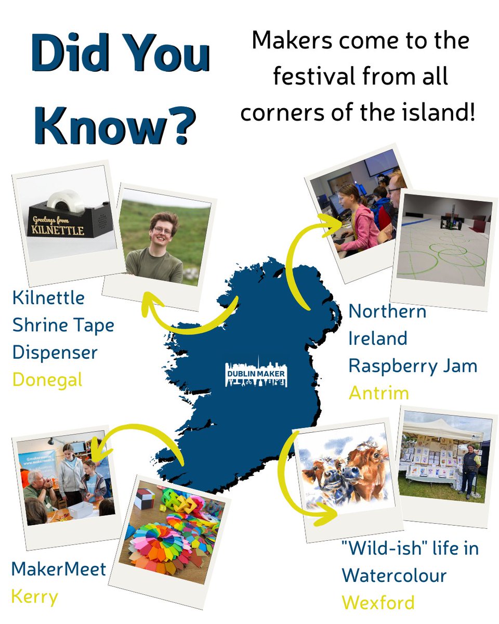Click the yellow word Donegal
(47, 380)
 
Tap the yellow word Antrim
(378, 393)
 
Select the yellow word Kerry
(34, 596)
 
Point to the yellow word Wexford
(378, 603)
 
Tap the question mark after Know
(177, 126)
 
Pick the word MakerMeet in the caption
(58, 568)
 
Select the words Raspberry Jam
(413, 366)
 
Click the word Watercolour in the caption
(394, 576)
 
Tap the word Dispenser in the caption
(55, 353)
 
